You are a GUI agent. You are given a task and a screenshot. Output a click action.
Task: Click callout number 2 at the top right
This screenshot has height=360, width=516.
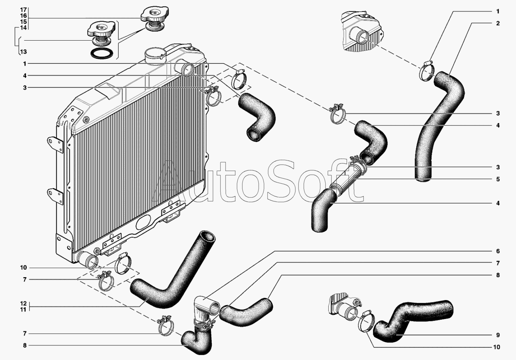point(498,23)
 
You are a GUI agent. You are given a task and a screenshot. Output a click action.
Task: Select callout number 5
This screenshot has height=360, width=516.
point(498,179)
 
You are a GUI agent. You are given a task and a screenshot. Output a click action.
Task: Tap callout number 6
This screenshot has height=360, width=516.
point(498,251)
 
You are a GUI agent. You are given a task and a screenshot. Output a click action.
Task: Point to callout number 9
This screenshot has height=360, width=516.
point(498,335)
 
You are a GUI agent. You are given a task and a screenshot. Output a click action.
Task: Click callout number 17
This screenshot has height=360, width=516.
point(23,9)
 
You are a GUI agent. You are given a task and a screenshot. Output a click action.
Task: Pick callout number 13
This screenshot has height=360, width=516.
point(23,52)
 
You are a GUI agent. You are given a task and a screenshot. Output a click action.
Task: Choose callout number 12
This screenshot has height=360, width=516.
point(23,304)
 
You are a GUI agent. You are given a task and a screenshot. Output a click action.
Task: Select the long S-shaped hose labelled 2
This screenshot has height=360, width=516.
point(438,126)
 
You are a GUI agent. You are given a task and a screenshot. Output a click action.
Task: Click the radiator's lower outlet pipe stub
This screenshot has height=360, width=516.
point(88,260)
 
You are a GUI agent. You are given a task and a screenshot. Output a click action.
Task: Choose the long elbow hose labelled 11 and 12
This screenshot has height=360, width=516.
point(170,276)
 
